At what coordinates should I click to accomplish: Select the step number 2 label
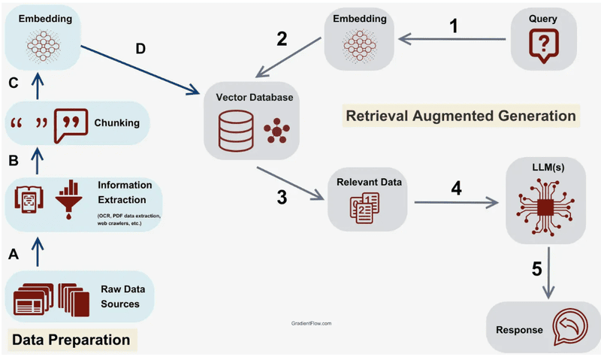[282, 39]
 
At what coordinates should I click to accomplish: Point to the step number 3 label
[282, 198]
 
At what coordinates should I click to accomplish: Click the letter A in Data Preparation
[13, 255]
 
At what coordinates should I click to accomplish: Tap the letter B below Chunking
[13, 160]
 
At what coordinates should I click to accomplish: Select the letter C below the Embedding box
[13, 83]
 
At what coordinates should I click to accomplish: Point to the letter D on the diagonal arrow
[140, 50]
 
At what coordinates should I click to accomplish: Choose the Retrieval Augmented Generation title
[461, 116]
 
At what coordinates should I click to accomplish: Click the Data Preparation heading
[71, 340]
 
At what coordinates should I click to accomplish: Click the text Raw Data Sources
[123, 296]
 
